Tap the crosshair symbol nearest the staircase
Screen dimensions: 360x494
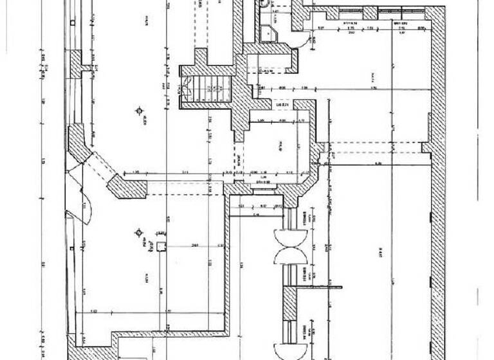(x=138, y=111)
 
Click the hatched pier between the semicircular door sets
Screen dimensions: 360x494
(x=291, y=303)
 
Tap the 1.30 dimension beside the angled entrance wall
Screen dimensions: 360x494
(x=136, y=172)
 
